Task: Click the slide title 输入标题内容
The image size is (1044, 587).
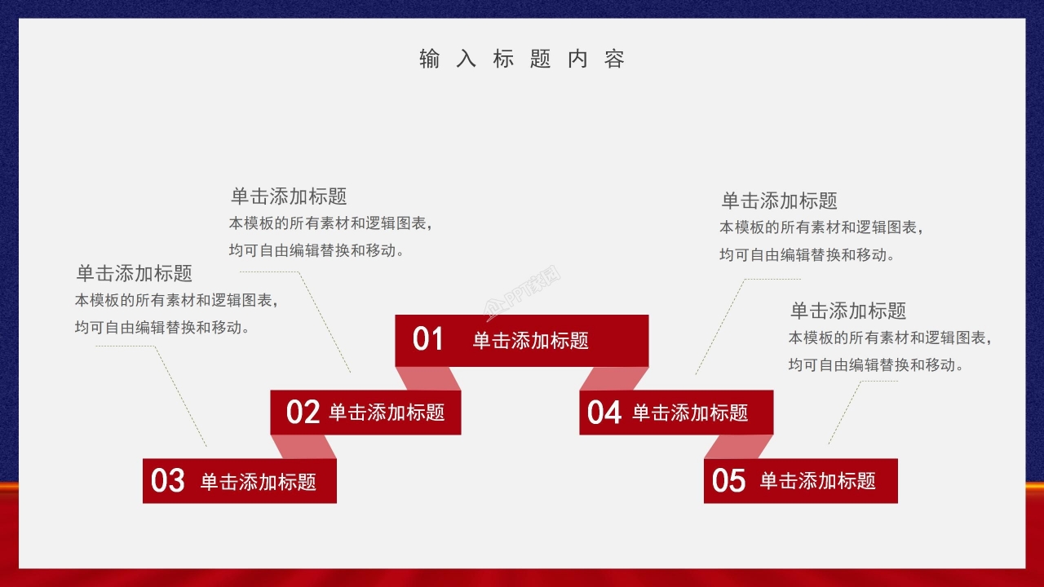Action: click(522, 60)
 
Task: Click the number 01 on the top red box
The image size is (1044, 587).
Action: click(427, 339)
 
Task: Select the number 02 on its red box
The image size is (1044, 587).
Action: click(303, 413)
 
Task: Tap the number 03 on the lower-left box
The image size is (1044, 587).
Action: click(168, 481)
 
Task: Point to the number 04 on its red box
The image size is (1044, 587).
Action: click(604, 413)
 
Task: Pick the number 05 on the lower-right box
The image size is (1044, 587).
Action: click(728, 481)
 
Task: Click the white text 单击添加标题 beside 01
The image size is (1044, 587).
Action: click(530, 341)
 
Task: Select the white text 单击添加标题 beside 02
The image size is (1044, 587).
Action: click(387, 413)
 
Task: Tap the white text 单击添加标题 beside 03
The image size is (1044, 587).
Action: click(259, 482)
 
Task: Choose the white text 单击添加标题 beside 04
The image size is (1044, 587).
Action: click(690, 413)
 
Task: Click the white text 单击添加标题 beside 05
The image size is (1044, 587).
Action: click(817, 481)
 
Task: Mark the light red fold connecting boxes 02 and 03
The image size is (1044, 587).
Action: click(303, 447)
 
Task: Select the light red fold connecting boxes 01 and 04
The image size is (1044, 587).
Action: click(613, 378)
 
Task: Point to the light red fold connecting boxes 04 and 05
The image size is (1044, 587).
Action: click(738, 447)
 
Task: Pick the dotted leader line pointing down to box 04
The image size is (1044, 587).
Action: click(719, 326)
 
